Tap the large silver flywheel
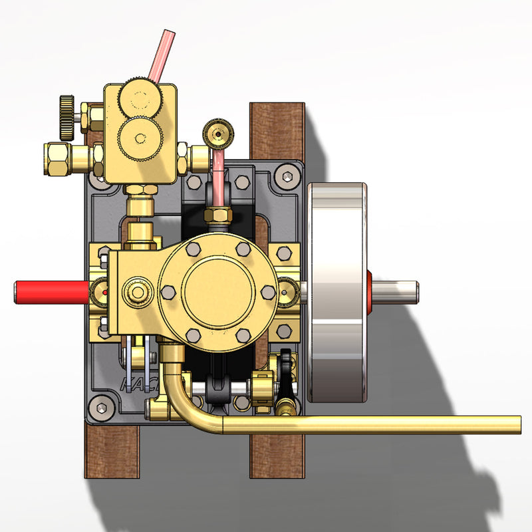pos(336,293)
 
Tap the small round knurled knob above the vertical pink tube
pos(217,133)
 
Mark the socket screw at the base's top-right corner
pos(287,177)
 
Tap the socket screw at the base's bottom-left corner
pos(101,406)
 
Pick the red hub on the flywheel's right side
pos(369,291)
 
